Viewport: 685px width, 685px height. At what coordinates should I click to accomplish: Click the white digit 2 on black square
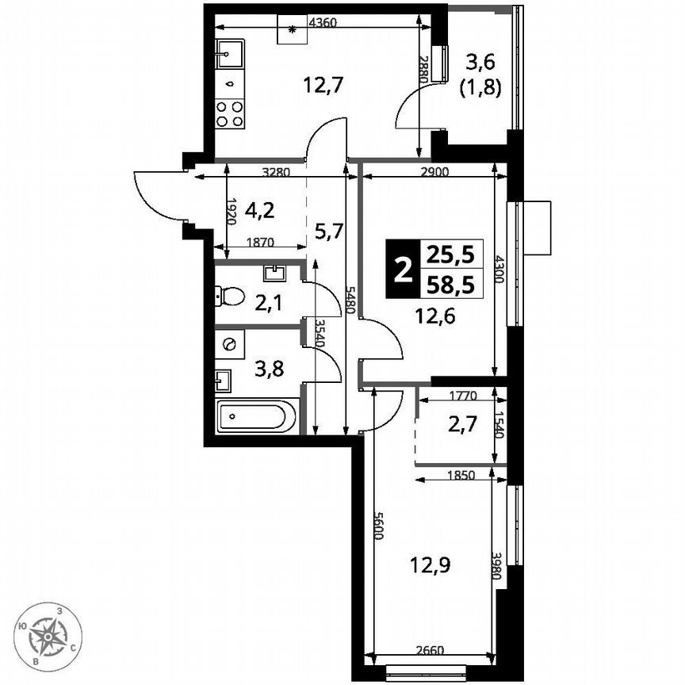pos(404,270)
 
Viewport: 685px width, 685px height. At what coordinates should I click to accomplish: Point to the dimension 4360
pos(321,23)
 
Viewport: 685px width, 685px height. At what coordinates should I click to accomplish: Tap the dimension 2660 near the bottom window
pos(432,652)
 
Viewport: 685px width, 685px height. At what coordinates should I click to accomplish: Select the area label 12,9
pos(426,566)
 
